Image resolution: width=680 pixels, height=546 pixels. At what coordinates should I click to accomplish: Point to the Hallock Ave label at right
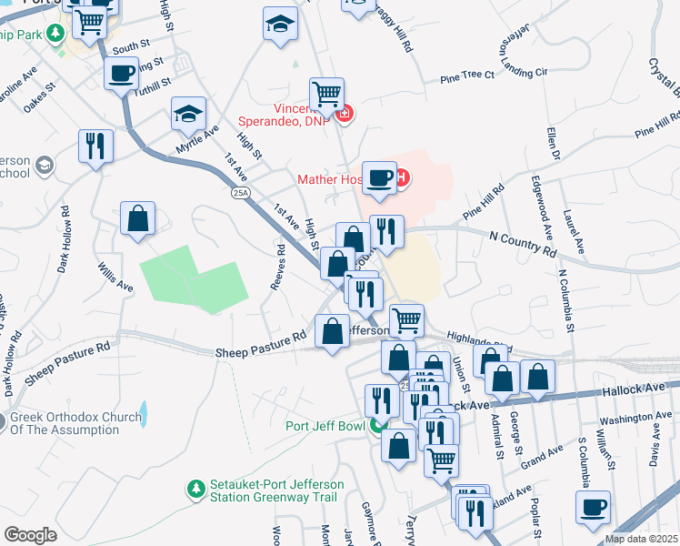[633, 389]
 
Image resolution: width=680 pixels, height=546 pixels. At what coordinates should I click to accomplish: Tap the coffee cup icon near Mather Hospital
[379, 177]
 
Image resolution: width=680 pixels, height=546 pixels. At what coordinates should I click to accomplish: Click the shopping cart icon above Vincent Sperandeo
[326, 93]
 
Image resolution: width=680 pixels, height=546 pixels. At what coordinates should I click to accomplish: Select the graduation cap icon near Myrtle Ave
[188, 113]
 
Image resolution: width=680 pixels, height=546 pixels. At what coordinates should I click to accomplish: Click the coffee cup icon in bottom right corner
[593, 506]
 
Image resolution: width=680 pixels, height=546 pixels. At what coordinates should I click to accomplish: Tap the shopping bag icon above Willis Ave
[137, 217]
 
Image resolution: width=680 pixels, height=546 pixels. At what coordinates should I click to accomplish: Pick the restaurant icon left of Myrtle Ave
[95, 145]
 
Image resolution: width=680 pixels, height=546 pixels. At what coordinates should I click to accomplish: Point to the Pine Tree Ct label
[466, 76]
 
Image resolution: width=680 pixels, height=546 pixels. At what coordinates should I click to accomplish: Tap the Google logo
[29, 535]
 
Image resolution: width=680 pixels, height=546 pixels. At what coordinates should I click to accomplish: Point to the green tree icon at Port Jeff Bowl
[376, 426]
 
